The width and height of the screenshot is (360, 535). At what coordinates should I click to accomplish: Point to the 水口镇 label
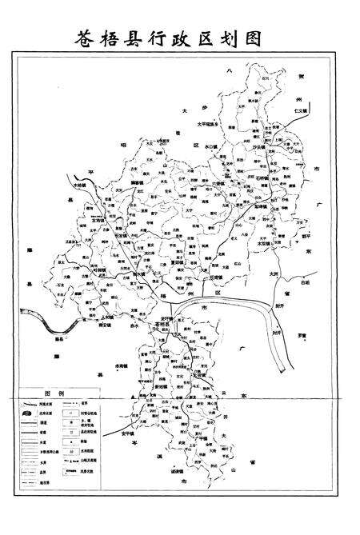[x=212, y=148]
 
